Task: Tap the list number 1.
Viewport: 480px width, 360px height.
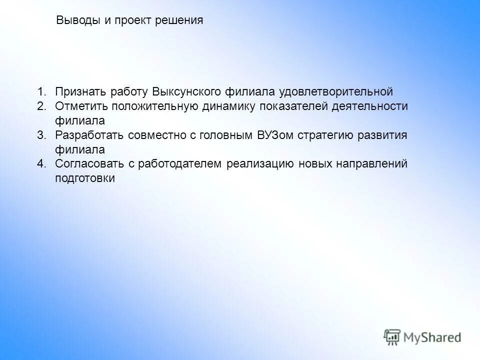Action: tap(41, 91)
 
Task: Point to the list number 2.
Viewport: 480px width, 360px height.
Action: tap(41, 106)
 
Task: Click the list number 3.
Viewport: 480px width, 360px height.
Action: tap(41, 135)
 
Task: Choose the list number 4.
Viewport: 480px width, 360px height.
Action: tap(41, 164)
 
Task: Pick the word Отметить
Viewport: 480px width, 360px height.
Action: tap(81, 106)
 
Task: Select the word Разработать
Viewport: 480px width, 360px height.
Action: tap(89, 135)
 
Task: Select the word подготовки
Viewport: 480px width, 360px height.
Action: tap(85, 178)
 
